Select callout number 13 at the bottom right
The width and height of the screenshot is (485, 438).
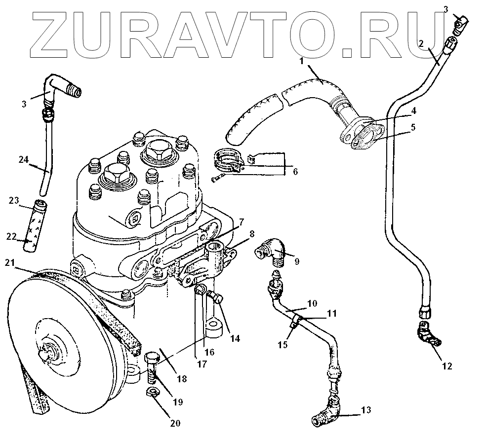365,410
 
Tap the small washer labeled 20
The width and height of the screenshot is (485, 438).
153,393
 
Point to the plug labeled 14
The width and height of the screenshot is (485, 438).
216,297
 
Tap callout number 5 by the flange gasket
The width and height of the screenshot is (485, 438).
413,127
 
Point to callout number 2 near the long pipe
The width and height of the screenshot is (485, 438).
421,43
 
